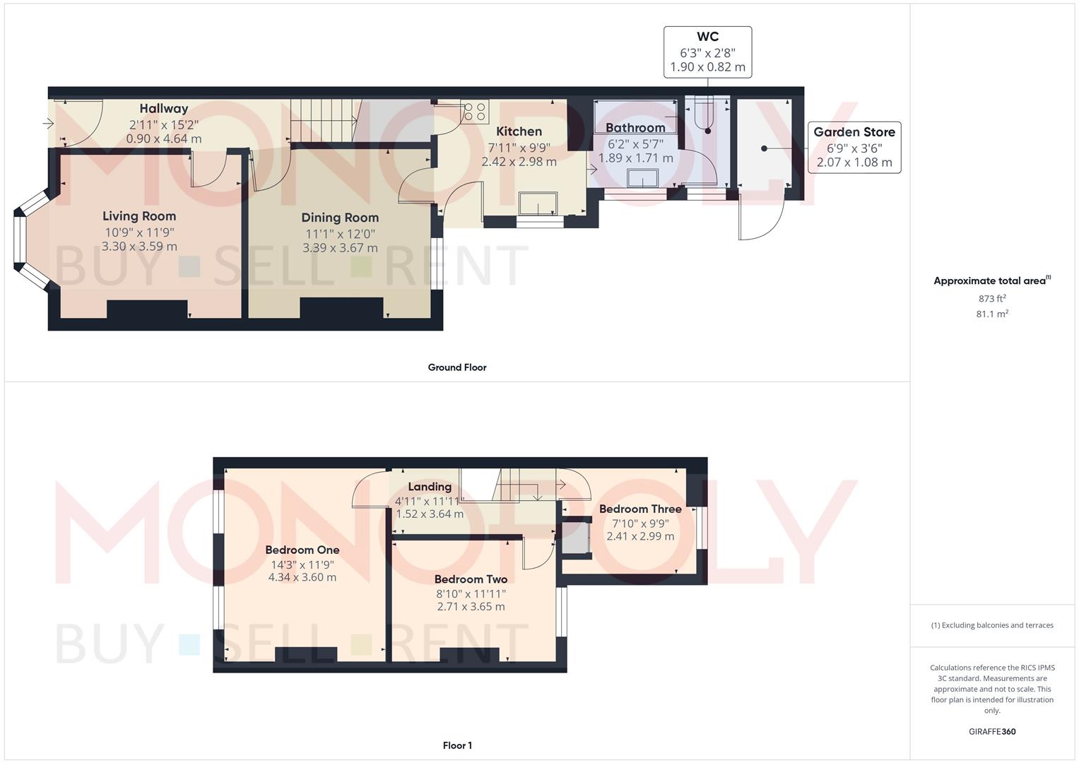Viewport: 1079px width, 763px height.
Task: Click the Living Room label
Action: tap(138, 216)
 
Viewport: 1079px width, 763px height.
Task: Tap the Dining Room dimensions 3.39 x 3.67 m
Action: tap(340, 249)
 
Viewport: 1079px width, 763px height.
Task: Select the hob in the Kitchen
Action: tap(474, 112)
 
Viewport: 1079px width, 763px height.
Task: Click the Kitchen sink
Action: tap(538, 203)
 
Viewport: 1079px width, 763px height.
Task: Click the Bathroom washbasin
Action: tap(642, 179)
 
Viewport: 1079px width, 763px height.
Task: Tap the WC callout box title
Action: tap(707, 37)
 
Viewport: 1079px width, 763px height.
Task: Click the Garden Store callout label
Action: tap(854, 132)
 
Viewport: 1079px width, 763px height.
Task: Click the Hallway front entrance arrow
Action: tap(48, 124)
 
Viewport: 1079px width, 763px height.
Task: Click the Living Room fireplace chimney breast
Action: tap(147, 309)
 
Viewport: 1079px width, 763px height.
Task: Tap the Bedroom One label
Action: tap(302, 550)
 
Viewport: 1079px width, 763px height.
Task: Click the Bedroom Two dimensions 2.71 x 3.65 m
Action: tap(471, 607)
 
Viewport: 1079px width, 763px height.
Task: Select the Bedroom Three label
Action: tap(639, 509)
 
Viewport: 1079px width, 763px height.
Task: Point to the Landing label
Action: tap(429, 487)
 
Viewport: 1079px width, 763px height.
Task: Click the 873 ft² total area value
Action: tap(991, 299)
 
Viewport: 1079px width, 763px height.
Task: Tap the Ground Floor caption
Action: tap(456, 367)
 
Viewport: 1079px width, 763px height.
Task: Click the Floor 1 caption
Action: tap(456, 745)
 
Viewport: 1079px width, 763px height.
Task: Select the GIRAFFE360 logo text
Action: tap(991, 732)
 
